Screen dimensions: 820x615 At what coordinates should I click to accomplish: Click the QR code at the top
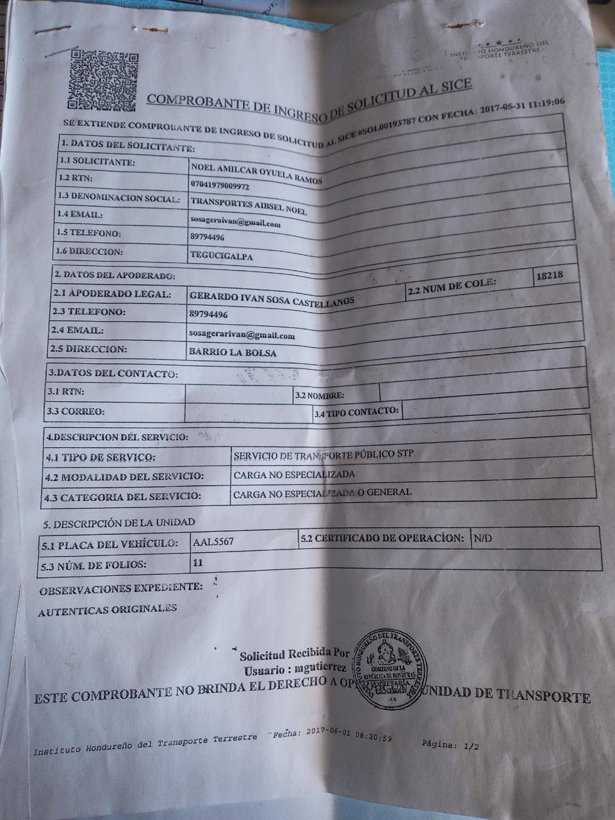point(101,79)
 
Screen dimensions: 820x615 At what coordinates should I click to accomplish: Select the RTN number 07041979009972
point(220,185)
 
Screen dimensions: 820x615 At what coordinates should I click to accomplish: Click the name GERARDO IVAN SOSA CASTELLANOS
point(272,298)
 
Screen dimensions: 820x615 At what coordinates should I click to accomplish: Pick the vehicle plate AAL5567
point(213,542)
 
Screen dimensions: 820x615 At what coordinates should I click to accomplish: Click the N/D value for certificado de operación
point(482,538)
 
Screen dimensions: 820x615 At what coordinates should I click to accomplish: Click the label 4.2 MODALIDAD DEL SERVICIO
point(124,477)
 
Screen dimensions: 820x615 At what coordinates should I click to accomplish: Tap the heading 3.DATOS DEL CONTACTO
point(112,373)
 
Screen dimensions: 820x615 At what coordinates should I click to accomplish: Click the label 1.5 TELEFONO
point(88,233)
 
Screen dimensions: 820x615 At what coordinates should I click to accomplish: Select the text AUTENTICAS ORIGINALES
point(107,611)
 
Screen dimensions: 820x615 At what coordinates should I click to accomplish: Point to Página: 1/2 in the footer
point(450,746)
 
